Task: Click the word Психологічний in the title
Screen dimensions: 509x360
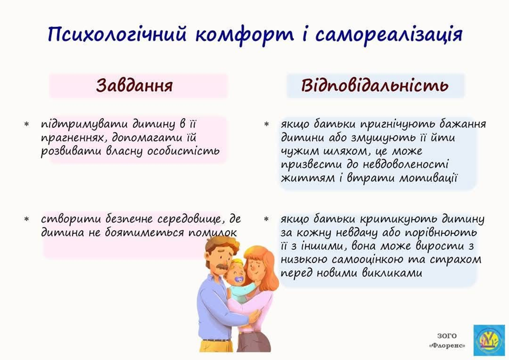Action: (x=117, y=34)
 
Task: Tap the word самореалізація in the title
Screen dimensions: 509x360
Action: (x=389, y=34)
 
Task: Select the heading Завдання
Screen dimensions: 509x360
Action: (x=134, y=85)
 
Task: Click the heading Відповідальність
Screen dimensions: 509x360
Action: (x=375, y=85)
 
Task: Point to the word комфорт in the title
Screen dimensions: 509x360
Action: (x=244, y=34)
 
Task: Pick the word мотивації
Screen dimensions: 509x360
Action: (x=428, y=178)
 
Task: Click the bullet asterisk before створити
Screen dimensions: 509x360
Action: (x=27, y=220)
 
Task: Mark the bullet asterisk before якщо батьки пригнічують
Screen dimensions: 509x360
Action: (x=267, y=124)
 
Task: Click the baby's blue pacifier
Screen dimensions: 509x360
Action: (x=239, y=279)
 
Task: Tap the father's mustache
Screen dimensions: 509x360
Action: (x=221, y=267)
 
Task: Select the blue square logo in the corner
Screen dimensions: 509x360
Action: (x=489, y=340)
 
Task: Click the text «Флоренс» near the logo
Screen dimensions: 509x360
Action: (x=447, y=345)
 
